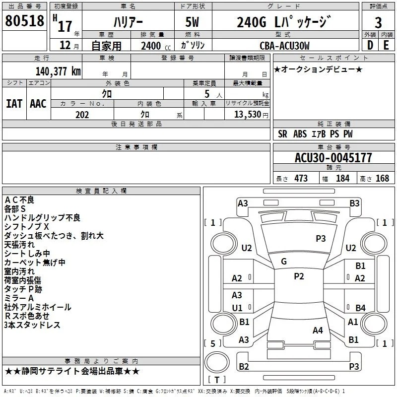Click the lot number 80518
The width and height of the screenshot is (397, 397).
(x=24, y=21)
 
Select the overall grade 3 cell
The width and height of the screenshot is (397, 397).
(x=378, y=23)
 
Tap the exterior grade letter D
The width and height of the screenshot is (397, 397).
(x=370, y=45)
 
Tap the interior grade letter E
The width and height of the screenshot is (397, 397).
(x=386, y=45)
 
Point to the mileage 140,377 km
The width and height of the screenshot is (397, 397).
(x=58, y=71)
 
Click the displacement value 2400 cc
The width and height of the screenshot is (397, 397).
(x=156, y=46)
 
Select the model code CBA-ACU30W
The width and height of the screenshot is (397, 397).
(x=284, y=46)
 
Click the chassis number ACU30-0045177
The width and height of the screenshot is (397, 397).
(x=333, y=158)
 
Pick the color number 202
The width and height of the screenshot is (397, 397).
(x=82, y=115)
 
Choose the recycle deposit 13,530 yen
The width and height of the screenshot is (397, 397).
(x=251, y=115)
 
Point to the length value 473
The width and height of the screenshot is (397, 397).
(x=301, y=178)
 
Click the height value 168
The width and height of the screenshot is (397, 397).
(x=382, y=178)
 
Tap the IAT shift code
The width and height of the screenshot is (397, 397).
(x=14, y=104)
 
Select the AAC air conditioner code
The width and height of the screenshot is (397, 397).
(x=38, y=104)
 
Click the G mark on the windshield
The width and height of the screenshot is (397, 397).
(x=284, y=262)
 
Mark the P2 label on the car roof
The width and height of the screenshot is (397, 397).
(x=299, y=276)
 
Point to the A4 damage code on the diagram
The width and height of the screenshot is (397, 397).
(x=318, y=331)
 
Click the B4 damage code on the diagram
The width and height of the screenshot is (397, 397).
(x=360, y=308)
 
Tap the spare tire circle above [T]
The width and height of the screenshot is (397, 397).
(x=217, y=362)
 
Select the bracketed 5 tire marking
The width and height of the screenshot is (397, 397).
(x=213, y=343)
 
